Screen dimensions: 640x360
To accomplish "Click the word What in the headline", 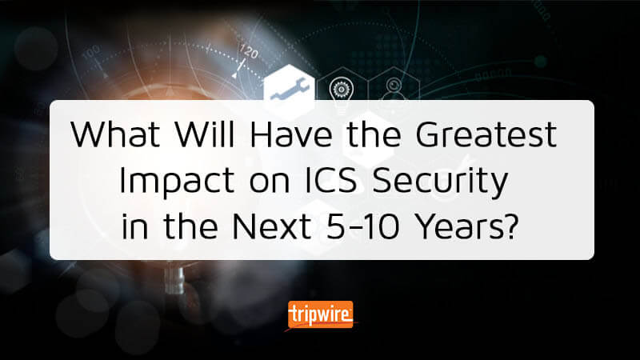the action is point(115,134).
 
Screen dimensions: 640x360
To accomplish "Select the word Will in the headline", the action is point(205,134).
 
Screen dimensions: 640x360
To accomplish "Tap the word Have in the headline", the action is point(291,134).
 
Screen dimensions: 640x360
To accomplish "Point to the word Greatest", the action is point(486,134).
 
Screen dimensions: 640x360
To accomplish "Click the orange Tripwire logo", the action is point(321,314).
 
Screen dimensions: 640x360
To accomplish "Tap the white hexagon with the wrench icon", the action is point(290,89).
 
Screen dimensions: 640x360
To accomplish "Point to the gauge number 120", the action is point(249,51).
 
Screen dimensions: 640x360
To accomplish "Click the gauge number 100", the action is point(90,52).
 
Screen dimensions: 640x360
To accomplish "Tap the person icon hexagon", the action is point(394,89).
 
